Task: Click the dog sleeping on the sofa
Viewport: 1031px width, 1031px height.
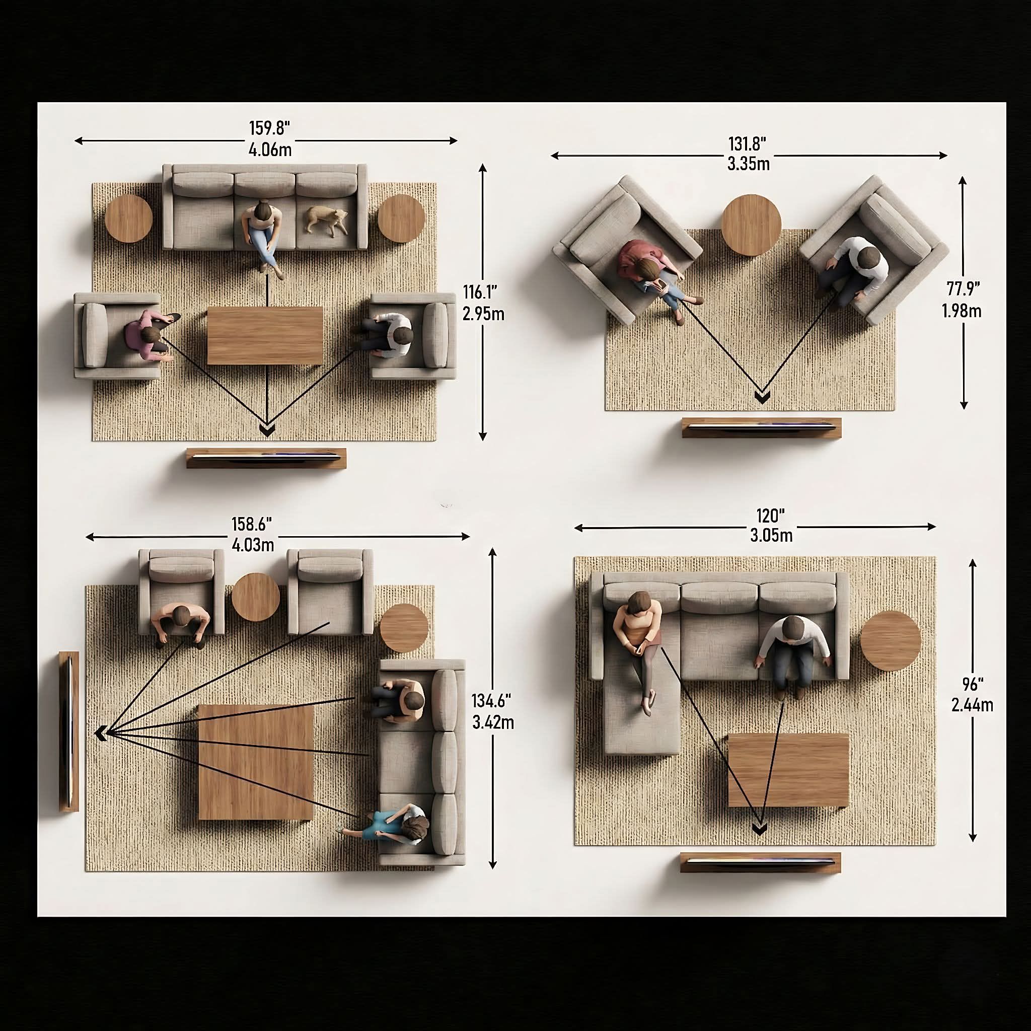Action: [326, 221]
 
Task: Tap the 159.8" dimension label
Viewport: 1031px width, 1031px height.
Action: [269, 128]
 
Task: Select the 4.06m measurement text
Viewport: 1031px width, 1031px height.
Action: [270, 150]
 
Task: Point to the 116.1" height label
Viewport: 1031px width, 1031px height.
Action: [480, 292]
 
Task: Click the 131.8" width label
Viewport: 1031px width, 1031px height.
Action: [747, 143]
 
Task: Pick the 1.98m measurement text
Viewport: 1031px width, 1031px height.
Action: [961, 311]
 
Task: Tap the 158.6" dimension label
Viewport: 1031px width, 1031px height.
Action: [251, 524]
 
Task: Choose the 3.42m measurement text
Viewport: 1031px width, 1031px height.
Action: [493, 722]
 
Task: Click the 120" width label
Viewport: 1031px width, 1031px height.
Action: [771, 516]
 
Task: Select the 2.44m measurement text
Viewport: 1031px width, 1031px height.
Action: [972, 705]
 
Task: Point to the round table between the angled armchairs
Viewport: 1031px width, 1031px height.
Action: [752, 225]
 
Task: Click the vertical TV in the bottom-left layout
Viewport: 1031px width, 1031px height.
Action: [69, 731]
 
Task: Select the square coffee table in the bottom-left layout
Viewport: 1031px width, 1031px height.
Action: [256, 762]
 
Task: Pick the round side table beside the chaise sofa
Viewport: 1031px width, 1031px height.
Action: [891, 641]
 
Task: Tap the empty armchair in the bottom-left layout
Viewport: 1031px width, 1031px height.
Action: [330, 592]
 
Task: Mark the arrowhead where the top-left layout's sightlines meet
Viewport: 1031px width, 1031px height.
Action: [267, 429]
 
